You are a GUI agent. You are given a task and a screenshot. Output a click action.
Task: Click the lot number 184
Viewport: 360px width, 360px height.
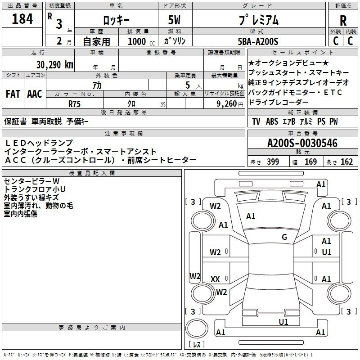(22, 18)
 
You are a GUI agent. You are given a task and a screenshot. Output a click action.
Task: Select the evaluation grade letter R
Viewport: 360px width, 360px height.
(343, 20)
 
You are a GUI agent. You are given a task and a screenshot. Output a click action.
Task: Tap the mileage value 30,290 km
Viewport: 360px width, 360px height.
(54, 65)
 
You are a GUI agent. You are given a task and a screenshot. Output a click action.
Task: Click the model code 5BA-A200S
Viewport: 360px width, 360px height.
(258, 41)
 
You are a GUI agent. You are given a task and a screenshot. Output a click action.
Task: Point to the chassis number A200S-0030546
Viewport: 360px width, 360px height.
(302, 143)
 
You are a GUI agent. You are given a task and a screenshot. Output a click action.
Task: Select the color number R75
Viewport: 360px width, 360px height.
(74, 104)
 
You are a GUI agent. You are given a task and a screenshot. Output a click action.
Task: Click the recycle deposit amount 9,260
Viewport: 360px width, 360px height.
(226, 104)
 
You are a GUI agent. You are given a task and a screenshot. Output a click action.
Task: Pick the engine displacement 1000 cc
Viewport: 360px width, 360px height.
(141, 41)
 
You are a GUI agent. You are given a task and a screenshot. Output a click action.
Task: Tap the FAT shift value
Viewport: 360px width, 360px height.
(13, 94)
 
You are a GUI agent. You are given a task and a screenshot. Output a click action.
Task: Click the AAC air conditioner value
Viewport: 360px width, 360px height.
(35, 94)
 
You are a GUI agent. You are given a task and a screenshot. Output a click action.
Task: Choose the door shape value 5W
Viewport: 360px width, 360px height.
(174, 20)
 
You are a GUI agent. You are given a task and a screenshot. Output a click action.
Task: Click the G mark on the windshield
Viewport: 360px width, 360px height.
(284, 237)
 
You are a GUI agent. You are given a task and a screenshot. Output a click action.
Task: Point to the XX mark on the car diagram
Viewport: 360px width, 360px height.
(215, 279)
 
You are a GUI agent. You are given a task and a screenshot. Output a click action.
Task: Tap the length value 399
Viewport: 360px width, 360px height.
(273, 162)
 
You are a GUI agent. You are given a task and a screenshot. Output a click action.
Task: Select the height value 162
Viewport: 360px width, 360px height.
(346, 162)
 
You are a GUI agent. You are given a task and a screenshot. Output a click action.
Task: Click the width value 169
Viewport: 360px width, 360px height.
(310, 162)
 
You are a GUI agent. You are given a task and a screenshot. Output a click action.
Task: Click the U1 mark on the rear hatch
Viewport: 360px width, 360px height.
(283, 322)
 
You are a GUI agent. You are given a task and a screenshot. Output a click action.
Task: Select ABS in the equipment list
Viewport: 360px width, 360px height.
(272, 121)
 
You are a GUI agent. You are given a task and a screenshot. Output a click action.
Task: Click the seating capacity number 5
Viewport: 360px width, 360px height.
(188, 85)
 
